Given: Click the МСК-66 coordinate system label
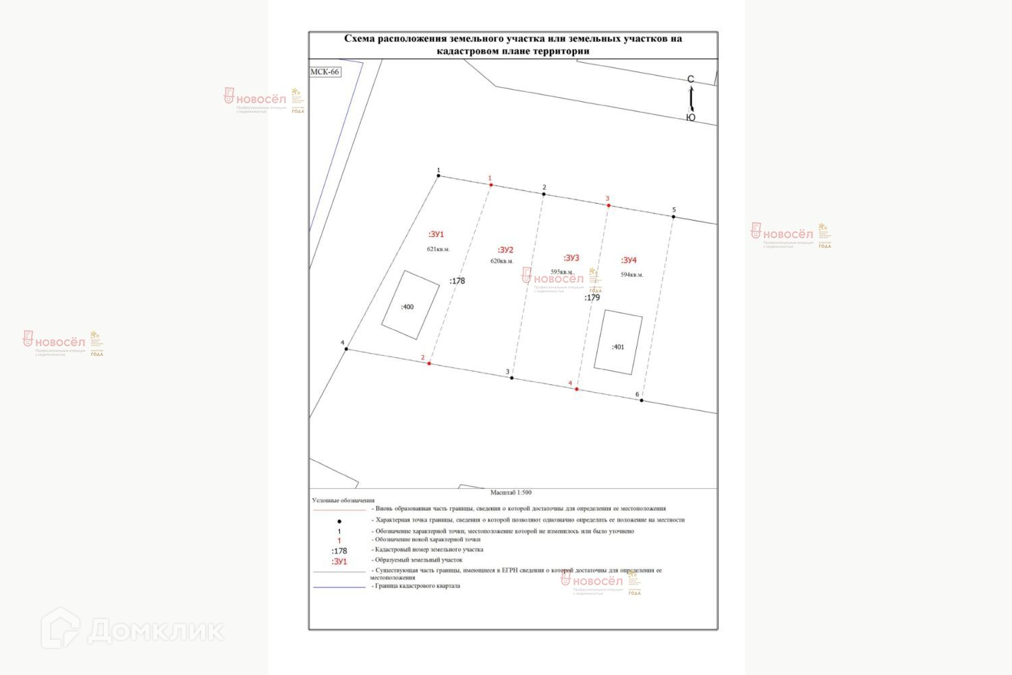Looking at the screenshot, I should (325, 72).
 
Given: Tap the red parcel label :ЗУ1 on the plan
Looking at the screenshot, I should (437, 234).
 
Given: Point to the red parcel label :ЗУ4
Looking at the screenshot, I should (629, 260).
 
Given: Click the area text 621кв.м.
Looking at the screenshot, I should (438, 249).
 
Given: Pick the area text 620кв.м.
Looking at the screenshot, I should (501, 261).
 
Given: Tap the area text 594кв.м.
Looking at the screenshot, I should (631, 275).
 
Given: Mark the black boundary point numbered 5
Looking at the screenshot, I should (673, 217).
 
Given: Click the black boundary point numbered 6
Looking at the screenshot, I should (642, 400).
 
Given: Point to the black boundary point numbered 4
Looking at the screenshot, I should (346, 349).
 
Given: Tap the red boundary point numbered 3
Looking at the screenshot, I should (609, 205).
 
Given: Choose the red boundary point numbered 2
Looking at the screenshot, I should (429, 364).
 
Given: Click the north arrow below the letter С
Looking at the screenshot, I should (691, 99).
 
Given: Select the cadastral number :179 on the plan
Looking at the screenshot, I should (592, 298).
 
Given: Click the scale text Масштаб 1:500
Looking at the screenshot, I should (511, 493).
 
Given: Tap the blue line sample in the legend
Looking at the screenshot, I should (339, 587).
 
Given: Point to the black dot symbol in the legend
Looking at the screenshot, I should (339, 521).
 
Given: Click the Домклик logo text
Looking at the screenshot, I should (155, 631).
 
